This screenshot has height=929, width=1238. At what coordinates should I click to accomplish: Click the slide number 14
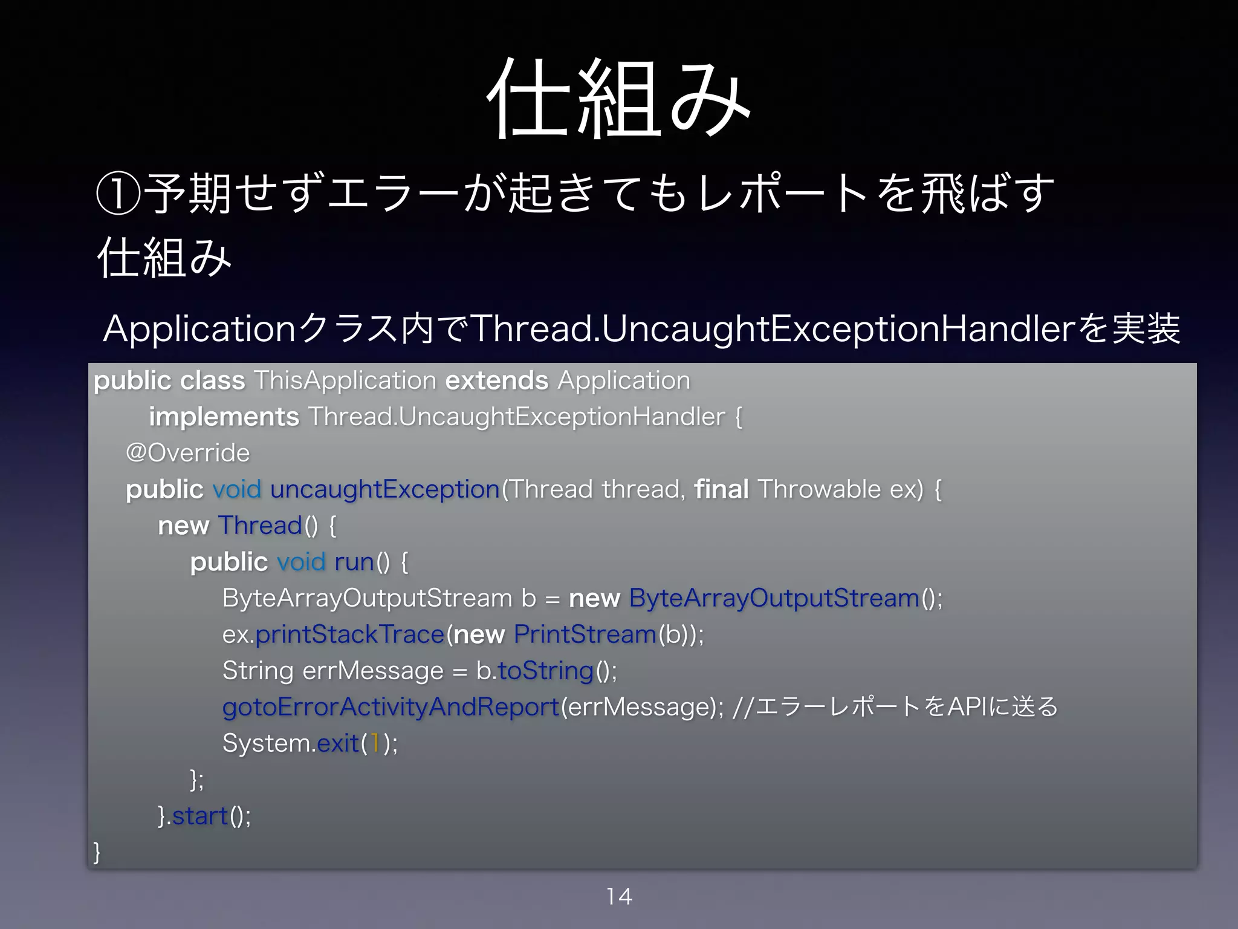[619, 896]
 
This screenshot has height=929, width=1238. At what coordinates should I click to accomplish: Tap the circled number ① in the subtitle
[118, 194]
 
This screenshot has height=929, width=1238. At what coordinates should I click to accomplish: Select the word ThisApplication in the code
[345, 380]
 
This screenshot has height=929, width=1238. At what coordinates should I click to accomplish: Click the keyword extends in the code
[496, 380]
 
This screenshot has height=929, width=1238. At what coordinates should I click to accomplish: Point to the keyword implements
[224, 417]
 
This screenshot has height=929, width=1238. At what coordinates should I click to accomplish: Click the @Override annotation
[187, 453]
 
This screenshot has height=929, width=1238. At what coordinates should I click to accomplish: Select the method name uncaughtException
[384, 489]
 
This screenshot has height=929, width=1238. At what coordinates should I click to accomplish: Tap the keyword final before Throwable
[721, 489]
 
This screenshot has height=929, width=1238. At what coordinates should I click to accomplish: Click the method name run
[354, 562]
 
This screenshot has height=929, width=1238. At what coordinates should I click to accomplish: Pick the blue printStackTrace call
[349, 634]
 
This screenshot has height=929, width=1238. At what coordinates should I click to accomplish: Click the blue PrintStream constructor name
[585, 634]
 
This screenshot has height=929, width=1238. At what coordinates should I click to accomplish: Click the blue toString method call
[545, 671]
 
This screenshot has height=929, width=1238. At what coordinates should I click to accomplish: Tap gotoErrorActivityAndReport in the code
[391, 707]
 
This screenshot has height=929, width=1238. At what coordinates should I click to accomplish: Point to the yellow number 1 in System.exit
[375, 743]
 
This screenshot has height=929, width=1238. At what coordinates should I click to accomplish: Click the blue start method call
[199, 816]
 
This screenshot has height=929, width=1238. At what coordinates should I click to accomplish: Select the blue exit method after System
[338, 743]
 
